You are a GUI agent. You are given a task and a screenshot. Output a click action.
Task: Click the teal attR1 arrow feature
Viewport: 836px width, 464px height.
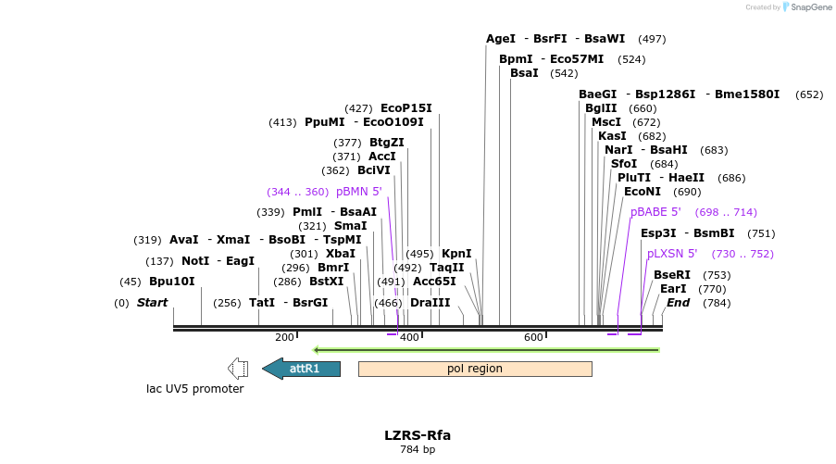click(x=302, y=369)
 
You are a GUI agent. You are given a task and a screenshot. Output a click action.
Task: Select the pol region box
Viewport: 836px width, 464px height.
click(x=475, y=369)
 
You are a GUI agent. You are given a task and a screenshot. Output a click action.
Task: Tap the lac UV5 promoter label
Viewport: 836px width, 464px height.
click(x=195, y=389)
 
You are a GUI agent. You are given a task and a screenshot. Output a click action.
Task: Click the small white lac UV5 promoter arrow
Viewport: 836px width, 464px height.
click(x=238, y=369)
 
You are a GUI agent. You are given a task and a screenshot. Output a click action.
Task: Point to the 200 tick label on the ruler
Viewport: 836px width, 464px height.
click(x=284, y=337)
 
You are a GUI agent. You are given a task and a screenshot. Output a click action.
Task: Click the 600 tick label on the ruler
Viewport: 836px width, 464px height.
click(x=534, y=337)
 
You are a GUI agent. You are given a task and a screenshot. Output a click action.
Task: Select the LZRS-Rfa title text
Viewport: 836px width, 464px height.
click(x=418, y=434)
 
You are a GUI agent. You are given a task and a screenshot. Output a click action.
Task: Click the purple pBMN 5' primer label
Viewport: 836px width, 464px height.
click(x=358, y=192)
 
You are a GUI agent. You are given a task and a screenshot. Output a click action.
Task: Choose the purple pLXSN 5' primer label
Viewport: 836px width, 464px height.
click(x=671, y=254)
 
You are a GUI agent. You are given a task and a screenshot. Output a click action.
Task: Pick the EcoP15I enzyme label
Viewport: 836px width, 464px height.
click(x=406, y=108)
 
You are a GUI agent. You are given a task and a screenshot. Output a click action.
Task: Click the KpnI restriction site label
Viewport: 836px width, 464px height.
click(x=456, y=254)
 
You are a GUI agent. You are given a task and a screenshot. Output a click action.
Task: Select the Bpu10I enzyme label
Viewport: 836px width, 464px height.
click(x=172, y=282)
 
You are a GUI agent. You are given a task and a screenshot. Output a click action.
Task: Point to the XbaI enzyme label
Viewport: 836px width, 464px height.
click(x=341, y=254)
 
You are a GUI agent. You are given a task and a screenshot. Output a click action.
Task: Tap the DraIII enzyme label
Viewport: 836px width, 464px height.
click(x=430, y=303)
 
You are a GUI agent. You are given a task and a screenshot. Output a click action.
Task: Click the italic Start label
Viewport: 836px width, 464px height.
click(x=152, y=303)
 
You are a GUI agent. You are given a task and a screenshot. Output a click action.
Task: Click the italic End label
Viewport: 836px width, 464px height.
click(x=678, y=303)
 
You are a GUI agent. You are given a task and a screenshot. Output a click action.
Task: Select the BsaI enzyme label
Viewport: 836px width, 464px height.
click(x=524, y=73)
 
